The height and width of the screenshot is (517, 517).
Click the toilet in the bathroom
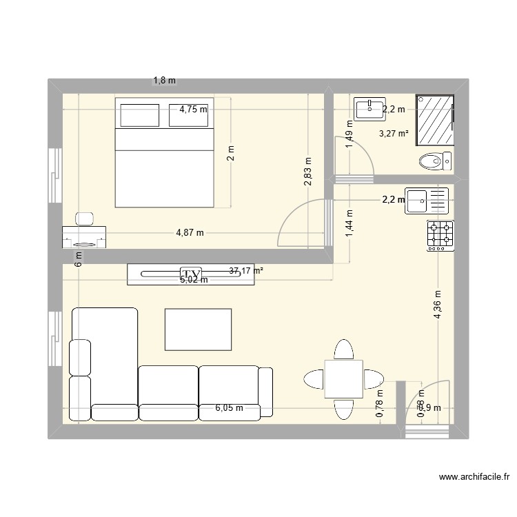[x=432, y=162]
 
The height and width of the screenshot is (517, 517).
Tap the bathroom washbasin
[x=370, y=108]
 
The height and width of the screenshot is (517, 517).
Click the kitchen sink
[x=418, y=201]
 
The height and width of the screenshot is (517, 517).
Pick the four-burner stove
[x=440, y=234]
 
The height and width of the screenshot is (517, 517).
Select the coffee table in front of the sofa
[x=198, y=329]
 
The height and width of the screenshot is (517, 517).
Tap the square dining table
[x=344, y=378]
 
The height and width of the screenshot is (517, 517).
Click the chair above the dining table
[x=344, y=349]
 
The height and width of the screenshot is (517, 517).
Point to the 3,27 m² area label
[x=394, y=134]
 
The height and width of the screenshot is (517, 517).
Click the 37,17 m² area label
[x=246, y=271]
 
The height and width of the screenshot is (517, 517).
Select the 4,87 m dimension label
[x=190, y=233]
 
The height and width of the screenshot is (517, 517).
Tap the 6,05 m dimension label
[x=229, y=407]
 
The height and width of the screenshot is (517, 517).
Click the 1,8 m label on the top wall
[x=164, y=81]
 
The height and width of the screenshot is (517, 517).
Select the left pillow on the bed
[x=140, y=115]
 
